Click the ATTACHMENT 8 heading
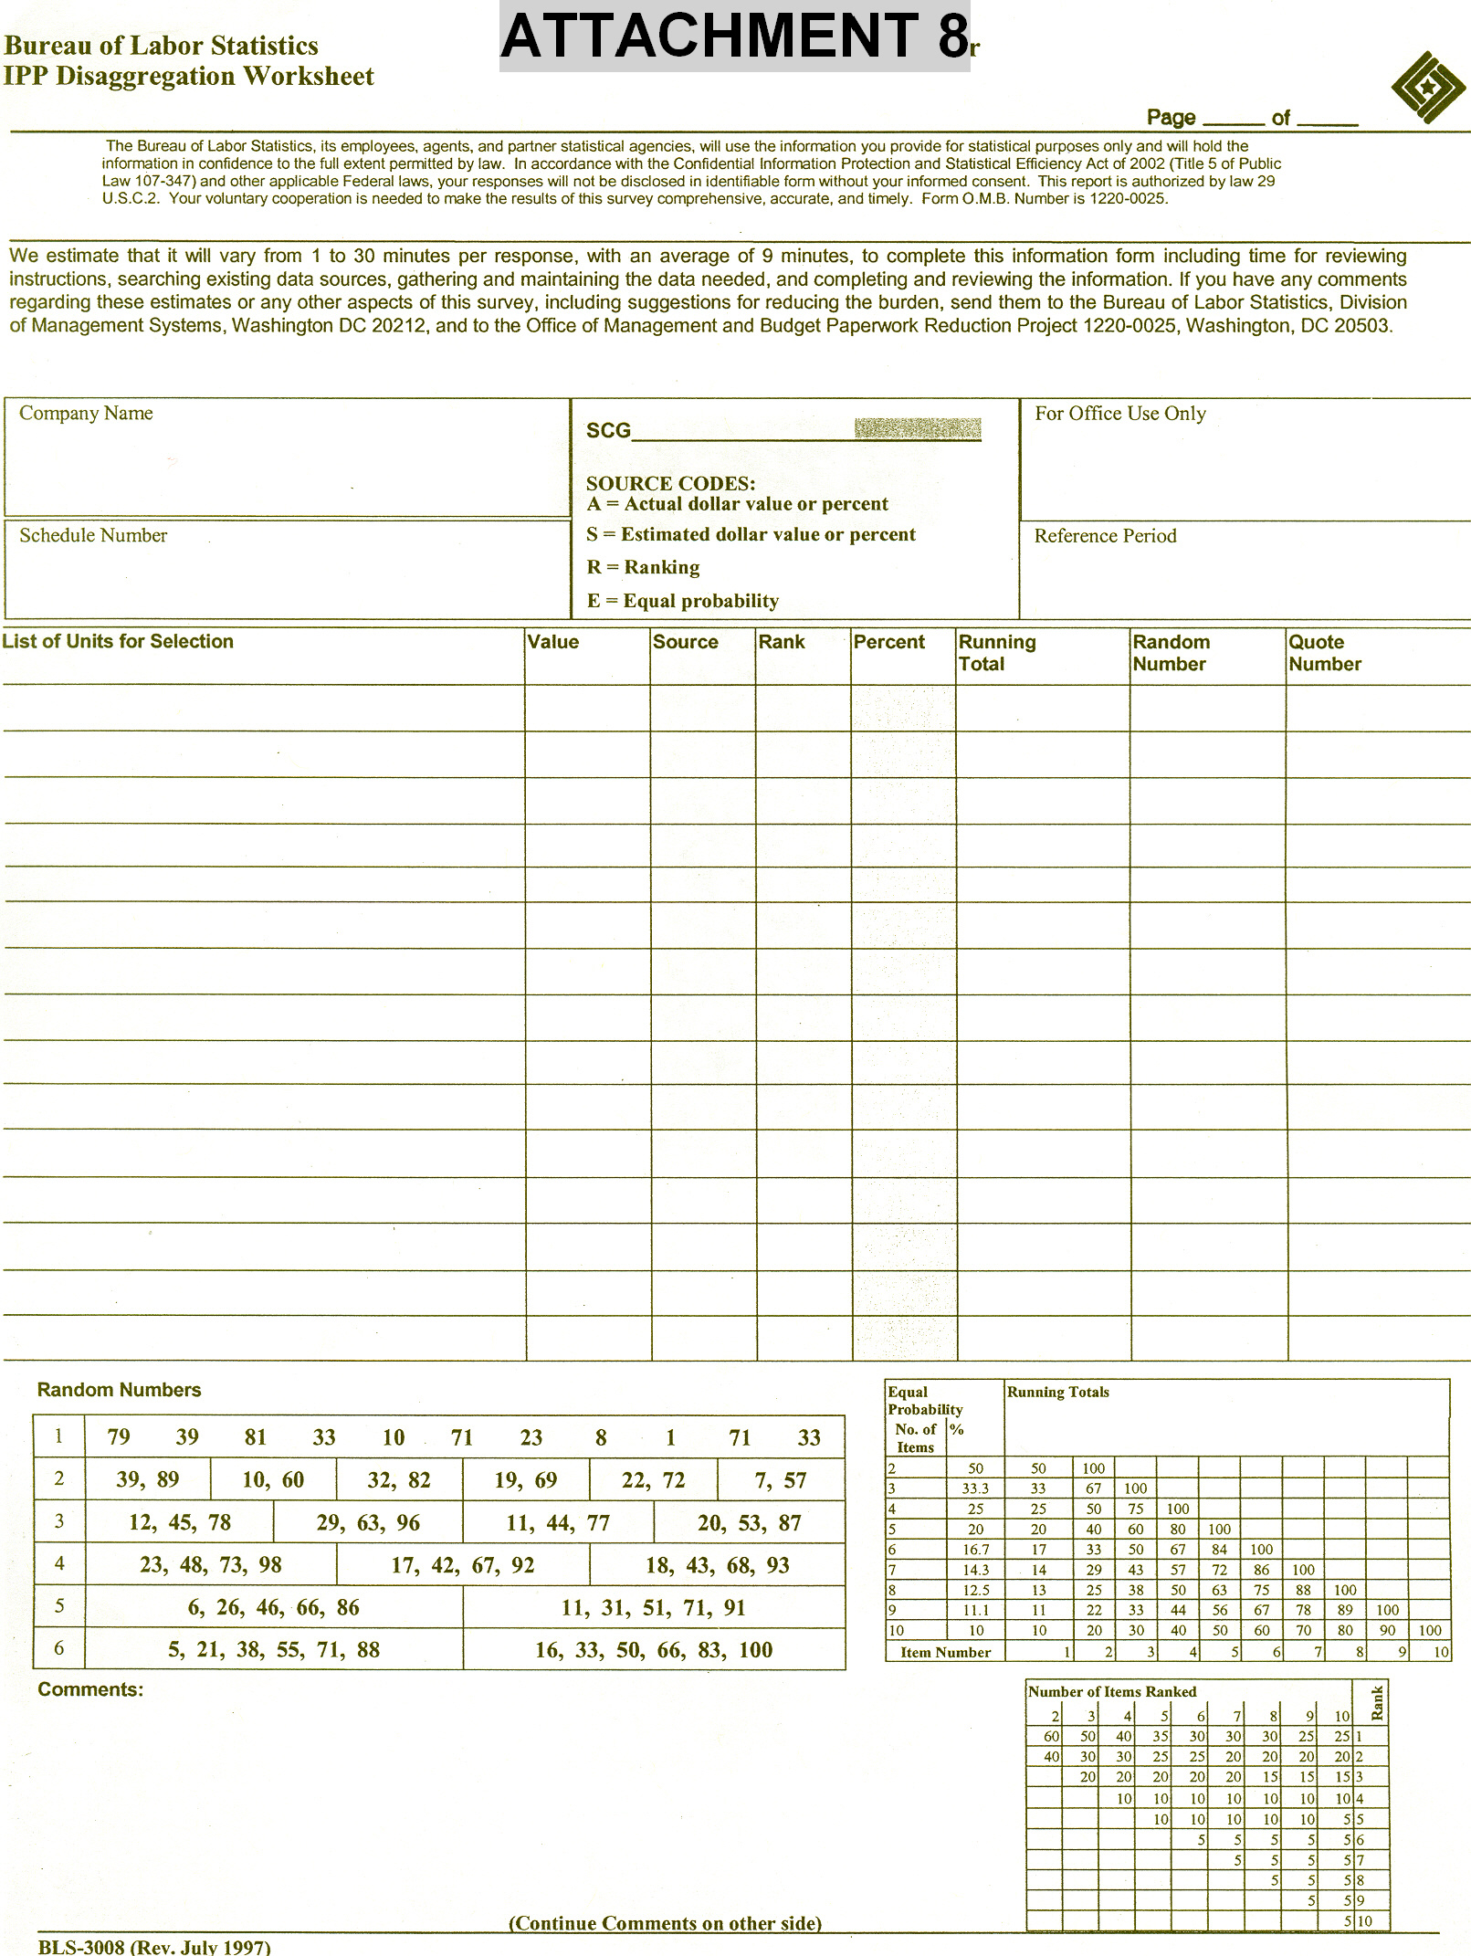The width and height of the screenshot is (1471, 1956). [x=733, y=37]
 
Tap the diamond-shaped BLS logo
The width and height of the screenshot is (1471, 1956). [x=1427, y=87]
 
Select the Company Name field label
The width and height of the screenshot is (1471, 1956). [x=86, y=414]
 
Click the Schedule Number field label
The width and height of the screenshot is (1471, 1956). [x=93, y=536]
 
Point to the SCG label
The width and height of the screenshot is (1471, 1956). [x=608, y=431]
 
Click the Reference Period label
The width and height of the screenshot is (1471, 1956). [x=1105, y=536]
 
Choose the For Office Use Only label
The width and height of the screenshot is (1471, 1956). [x=1119, y=414]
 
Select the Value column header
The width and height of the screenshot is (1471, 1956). [x=553, y=642]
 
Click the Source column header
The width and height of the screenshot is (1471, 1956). [x=685, y=642]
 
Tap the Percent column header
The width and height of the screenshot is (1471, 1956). [x=888, y=642]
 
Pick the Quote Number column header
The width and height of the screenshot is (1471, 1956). [x=1324, y=653]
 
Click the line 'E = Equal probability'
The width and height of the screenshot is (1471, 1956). [x=682, y=601]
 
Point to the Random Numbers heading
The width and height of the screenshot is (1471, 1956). [x=119, y=1390]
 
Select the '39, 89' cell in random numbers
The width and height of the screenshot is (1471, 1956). [x=147, y=1480]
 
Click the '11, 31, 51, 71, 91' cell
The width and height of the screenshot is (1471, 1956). [x=653, y=1608]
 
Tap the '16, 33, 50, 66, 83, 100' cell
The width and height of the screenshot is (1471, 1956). [x=653, y=1650]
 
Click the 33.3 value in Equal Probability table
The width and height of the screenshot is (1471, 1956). [x=975, y=1488]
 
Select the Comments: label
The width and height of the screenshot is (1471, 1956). [x=90, y=1689]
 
